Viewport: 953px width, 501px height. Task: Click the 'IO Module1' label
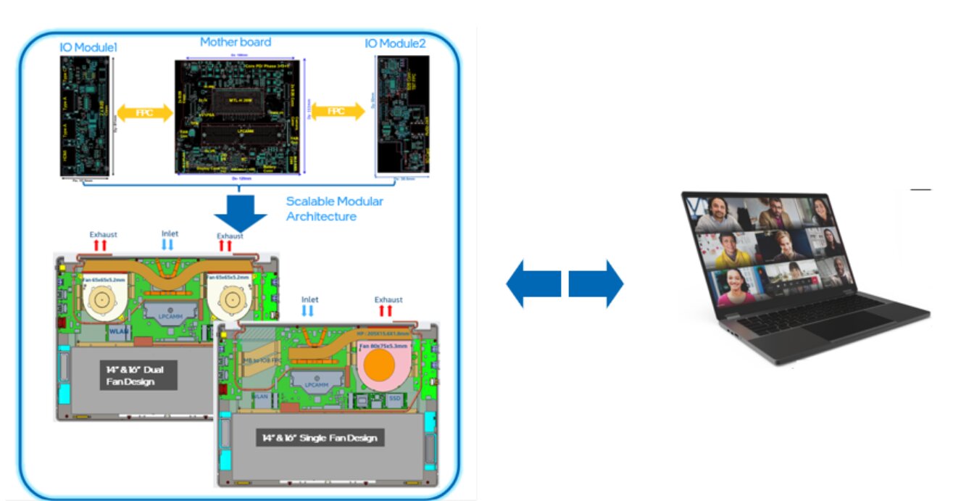[x=88, y=47]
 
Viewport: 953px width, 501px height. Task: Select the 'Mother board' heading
[x=236, y=42]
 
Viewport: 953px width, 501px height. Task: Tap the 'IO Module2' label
[x=395, y=44]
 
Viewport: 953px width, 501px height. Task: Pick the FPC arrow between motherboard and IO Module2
[x=337, y=111]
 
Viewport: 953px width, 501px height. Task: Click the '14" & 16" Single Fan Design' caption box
[x=320, y=438]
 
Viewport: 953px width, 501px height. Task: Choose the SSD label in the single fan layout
[x=395, y=399]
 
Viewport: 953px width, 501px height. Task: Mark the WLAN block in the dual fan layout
[x=119, y=331]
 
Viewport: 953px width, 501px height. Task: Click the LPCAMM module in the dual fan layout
[x=168, y=312]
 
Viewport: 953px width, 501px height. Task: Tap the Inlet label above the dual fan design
[x=167, y=233]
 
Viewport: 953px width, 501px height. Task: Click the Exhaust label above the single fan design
[x=388, y=299]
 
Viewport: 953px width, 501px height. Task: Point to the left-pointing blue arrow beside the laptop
[x=533, y=283]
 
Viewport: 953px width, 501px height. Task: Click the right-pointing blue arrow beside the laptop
[x=596, y=283]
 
